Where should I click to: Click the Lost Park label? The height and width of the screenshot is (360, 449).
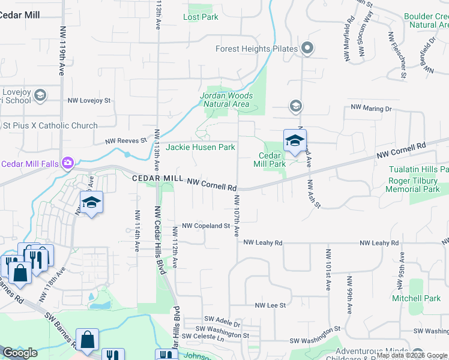[200, 17]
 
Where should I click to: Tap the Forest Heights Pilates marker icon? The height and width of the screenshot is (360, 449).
[308, 49]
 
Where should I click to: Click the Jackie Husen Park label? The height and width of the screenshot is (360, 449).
[200, 147]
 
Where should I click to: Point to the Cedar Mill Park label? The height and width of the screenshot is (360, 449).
[270, 159]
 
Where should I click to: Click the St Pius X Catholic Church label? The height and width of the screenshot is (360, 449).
[50, 125]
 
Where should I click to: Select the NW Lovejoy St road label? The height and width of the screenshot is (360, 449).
[89, 101]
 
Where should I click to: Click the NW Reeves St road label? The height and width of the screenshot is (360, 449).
[126, 141]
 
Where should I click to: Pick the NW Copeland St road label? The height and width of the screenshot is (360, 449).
[206, 226]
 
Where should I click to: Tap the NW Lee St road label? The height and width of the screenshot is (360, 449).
[270, 305]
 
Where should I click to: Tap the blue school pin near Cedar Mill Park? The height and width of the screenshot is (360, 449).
[295, 141]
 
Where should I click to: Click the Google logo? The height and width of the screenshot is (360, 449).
[20, 353]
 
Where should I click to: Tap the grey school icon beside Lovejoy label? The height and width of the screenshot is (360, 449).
[41, 94]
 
